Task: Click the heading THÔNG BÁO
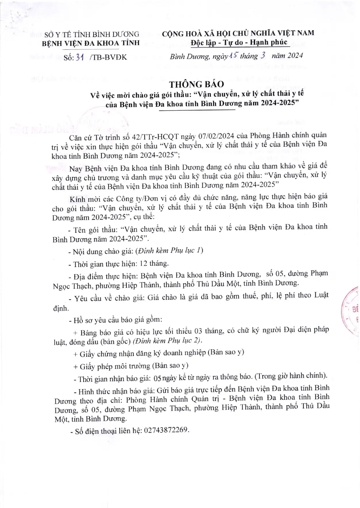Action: coord(196,84)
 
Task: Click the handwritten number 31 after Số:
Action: coord(79,57)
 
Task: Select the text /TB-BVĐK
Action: coord(108,57)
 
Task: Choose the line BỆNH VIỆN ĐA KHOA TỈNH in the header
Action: coord(91,43)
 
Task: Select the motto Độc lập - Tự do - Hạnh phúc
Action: coord(239,43)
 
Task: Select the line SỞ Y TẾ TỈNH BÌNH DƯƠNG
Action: coord(91,34)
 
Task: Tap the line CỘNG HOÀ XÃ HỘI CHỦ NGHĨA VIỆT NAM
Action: coord(238,33)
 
